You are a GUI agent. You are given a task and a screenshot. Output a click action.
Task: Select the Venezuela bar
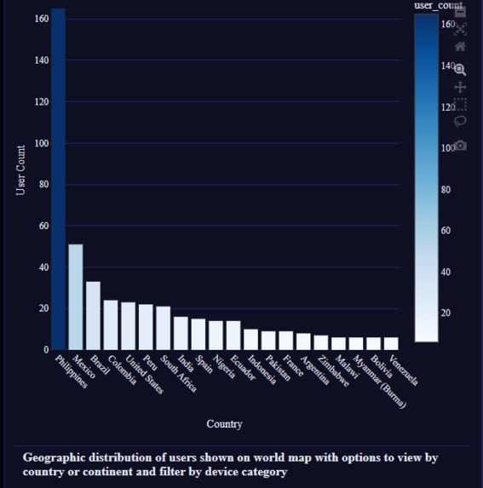391,343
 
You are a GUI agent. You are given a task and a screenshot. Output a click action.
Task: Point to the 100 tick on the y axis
42,143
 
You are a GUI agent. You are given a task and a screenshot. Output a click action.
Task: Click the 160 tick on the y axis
42,19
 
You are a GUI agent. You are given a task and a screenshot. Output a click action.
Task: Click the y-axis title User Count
21,169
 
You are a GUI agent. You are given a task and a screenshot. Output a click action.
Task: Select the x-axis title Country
224,423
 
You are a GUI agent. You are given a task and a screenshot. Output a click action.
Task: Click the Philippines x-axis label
72,372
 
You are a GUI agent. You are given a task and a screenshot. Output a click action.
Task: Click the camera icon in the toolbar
461,146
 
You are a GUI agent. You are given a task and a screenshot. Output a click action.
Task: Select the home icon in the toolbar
461,47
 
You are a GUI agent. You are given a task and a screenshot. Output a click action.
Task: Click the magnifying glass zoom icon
461,69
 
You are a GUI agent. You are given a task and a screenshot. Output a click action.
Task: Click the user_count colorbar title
438,6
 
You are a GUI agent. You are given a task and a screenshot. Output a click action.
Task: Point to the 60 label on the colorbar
448,231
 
